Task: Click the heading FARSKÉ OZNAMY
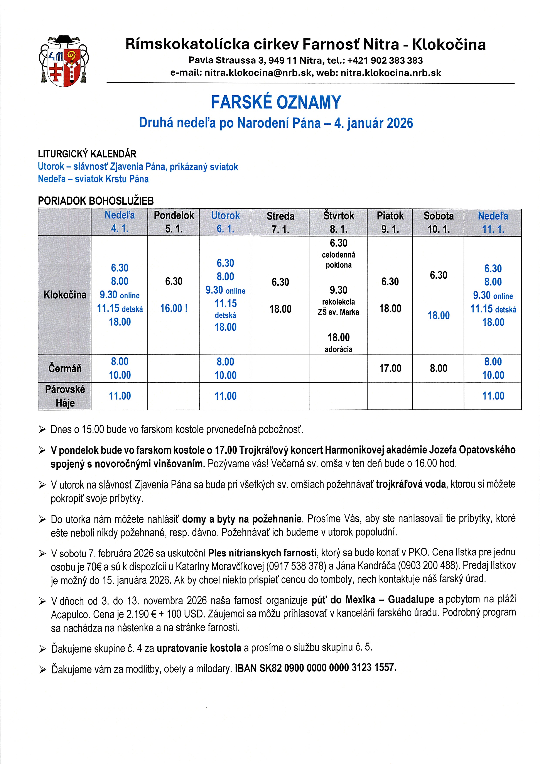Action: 276,102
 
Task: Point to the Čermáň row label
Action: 65,368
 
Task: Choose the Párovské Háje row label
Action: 65,396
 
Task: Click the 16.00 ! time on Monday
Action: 174,308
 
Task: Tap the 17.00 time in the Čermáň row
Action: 390,368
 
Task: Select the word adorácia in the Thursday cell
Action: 338,349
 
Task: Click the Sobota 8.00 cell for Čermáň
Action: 438,368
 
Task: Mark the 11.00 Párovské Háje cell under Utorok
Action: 225,396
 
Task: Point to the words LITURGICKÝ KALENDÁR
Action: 87,154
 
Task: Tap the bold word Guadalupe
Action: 411,600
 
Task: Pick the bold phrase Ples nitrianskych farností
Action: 262,553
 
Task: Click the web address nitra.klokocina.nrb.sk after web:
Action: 391,73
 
